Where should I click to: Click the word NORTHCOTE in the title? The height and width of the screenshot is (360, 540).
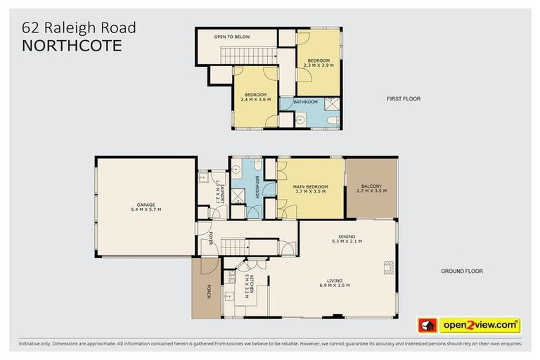(x=72, y=46)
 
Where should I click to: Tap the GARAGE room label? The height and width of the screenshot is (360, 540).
(x=146, y=205)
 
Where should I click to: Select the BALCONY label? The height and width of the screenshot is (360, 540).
(x=371, y=186)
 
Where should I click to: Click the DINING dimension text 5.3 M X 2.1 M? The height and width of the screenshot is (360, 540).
(x=347, y=241)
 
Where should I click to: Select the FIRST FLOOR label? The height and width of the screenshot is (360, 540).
(x=404, y=99)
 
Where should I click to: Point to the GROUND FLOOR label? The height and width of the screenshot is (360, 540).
(x=462, y=271)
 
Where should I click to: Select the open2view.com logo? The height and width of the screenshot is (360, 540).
(x=480, y=325)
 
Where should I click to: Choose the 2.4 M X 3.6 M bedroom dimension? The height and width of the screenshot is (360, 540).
(x=255, y=99)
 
